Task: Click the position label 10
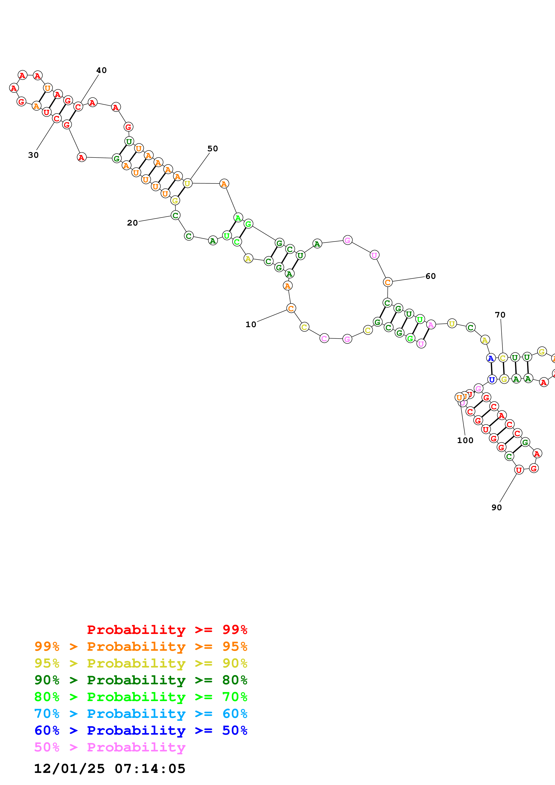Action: [x=251, y=324]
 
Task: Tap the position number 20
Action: [x=132, y=223]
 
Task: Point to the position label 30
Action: [x=33, y=155]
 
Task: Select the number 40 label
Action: [x=101, y=70]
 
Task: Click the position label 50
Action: [x=212, y=149]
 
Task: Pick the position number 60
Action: [x=431, y=276]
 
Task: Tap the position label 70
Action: [x=500, y=315]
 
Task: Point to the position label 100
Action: [x=465, y=441]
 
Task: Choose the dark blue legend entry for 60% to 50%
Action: [x=141, y=730]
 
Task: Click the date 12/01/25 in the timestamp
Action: [x=69, y=769]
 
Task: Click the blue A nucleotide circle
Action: [x=491, y=358]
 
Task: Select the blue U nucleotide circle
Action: [x=492, y=380]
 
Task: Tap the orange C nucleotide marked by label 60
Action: [x=388, y=282]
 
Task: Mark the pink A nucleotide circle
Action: [x=431, y=325]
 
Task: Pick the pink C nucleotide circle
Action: [x=324, y=339]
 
